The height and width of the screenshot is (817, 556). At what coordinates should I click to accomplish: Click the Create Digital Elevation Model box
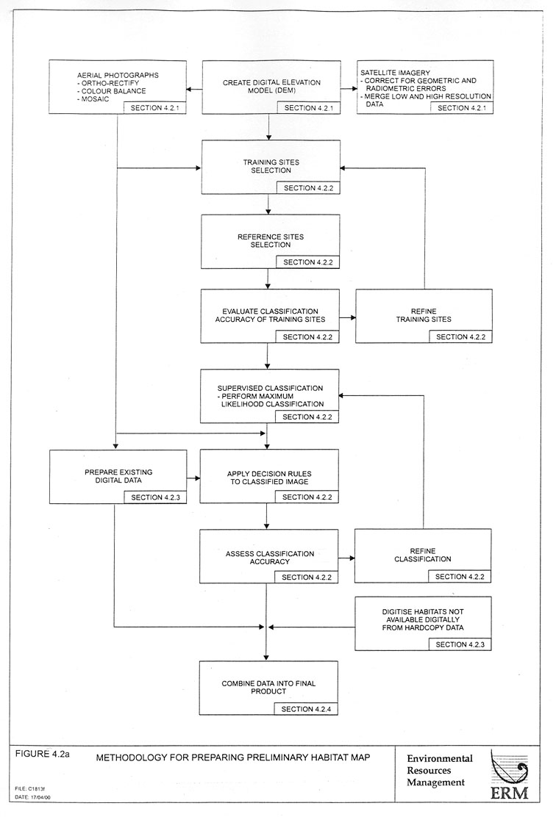coord(271,87)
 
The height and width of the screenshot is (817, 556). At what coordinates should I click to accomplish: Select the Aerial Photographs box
coord(118,87)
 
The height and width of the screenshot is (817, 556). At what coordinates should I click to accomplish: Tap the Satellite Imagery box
coord(424,87)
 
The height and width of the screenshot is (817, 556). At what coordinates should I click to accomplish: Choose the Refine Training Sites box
coord(424,316)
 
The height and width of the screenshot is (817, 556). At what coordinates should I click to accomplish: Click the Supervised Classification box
coord(271,395)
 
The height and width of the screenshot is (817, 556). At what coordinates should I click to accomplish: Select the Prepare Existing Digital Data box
coord(118,476)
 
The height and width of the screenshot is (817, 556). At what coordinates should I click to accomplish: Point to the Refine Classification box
coord(424,556)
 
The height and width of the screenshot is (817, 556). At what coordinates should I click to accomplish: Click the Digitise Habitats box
coord(424,623)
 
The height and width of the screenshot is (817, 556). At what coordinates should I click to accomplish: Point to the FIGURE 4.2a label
coord(41,754)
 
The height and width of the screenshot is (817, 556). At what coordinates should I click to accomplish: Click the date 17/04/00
coord(33,796)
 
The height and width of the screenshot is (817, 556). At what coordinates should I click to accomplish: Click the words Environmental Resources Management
coord(439,770)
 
